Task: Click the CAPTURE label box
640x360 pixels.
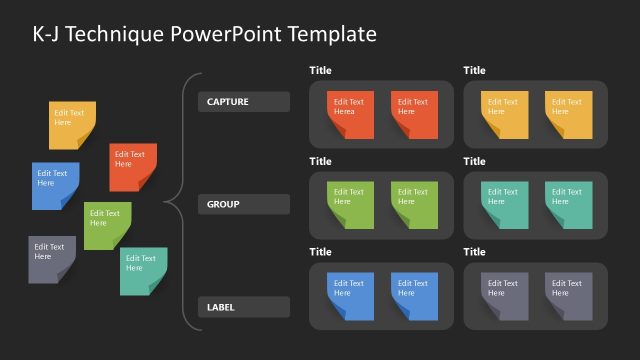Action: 244,102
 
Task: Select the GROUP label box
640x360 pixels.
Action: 244,205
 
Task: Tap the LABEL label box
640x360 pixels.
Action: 244,307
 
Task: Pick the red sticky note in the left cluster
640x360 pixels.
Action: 133,166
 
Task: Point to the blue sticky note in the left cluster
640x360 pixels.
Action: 55,185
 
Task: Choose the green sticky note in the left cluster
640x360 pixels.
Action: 107,225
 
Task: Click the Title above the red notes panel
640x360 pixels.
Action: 320,71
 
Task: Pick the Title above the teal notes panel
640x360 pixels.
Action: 474,162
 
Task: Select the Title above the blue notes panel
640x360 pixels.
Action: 320,253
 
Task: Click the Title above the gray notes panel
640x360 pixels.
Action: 474,253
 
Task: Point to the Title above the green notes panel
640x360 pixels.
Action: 320,162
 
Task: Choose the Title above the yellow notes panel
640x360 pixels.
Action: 474,71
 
